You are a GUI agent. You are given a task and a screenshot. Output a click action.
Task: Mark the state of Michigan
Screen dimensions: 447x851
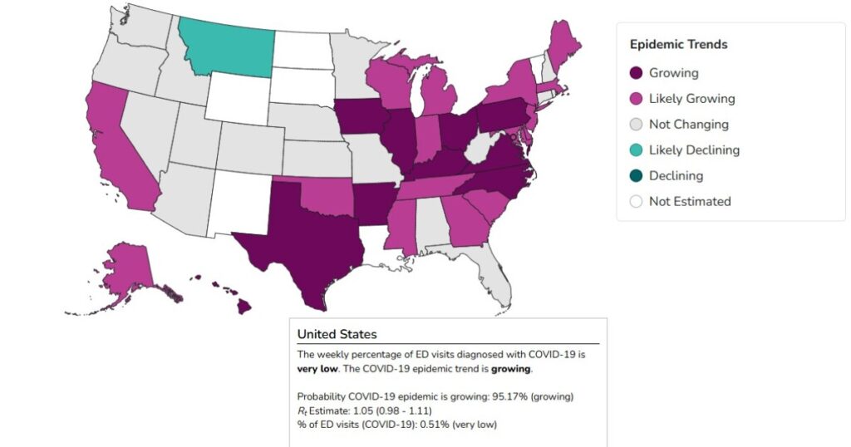click(440, 96)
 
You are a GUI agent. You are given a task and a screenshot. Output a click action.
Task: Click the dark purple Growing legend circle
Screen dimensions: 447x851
click(636, 73)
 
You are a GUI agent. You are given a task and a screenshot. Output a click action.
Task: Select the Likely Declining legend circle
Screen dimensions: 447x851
click(636, 150)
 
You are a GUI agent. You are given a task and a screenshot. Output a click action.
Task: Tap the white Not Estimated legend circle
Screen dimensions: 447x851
click(636, 201)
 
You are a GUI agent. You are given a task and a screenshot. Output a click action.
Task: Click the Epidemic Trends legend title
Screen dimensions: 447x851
click(678, 45)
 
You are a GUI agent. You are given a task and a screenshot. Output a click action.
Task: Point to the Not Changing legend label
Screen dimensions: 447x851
click(688, 125)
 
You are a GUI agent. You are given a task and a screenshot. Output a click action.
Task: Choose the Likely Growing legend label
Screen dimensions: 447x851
click(691, 99)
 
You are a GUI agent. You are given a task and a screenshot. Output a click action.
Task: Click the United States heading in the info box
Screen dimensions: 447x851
click(337, 334)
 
